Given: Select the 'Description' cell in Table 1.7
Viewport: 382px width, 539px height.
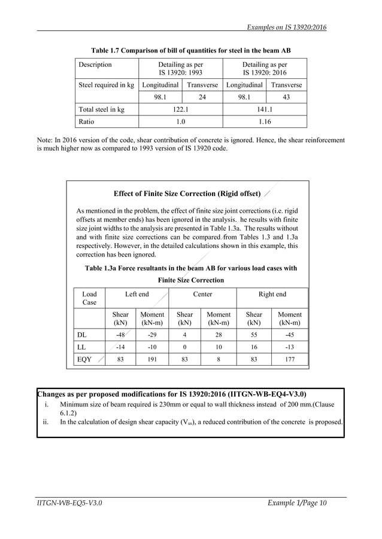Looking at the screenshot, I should (x=95, y=65).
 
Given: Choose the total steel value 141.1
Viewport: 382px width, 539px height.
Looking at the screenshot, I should (x=264, y=109).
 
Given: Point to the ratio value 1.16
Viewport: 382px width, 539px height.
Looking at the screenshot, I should (x=264, y=121).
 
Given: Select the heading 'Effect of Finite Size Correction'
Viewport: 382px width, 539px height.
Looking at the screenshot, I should (x=187, y=194).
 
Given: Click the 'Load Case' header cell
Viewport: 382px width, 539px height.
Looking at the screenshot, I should (x=89, y=298).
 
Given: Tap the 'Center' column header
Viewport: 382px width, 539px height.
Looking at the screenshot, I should (x=202, y=294).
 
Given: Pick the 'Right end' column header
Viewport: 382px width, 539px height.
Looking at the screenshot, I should (x=272, y=294).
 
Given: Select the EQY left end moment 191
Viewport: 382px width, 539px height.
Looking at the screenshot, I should (x=152, y=360).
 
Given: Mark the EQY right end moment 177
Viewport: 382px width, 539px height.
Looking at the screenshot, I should (x=289, y=360).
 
